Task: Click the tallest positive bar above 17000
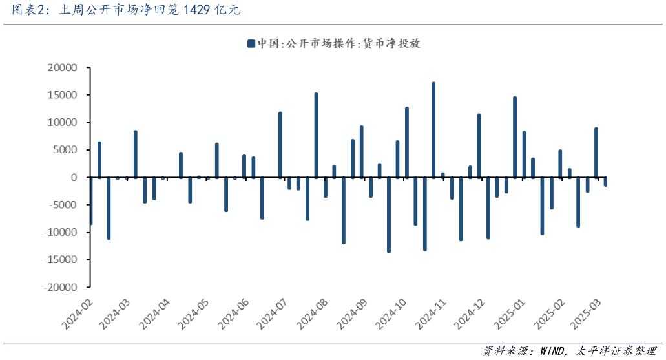point(433,129)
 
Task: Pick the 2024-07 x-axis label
point(272,313)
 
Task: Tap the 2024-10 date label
point(392,313)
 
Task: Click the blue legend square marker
point(251,43)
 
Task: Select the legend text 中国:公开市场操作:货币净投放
point(338,43)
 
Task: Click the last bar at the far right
point(605,182)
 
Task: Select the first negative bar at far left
point(91,201)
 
